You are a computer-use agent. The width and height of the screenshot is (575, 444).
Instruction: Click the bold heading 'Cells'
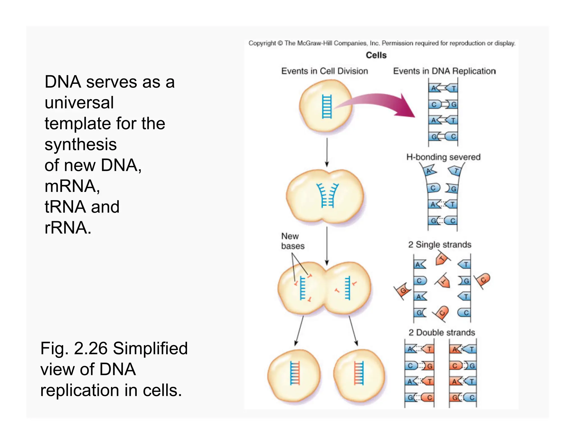pos(376,55)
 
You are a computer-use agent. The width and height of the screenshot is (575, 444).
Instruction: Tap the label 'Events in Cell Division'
pos(324,71)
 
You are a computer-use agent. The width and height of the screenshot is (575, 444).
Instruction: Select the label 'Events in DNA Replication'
pos(444,71)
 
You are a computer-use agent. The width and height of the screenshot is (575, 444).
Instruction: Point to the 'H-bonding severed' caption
pos(443,157)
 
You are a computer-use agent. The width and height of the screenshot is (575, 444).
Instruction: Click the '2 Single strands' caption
pos(439,244)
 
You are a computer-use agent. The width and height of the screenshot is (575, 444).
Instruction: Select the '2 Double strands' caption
pos(441,333)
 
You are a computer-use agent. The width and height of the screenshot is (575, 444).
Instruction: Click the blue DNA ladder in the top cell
pos(327,107)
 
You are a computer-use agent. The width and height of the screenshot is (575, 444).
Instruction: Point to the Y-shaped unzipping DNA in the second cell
pos(327,195)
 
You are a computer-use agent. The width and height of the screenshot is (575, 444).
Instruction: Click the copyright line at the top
pos(382,43)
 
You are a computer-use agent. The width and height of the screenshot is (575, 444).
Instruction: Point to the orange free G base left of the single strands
pos(403,290)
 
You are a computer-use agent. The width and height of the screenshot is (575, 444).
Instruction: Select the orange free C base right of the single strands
pos(483,280)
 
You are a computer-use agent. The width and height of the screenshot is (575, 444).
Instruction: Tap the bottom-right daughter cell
pos(359,375)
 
